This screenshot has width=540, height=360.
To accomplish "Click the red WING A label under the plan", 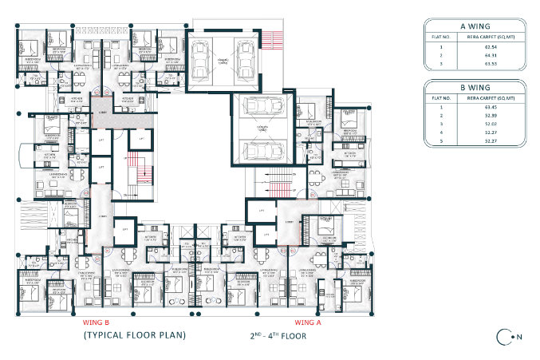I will click(308, 322).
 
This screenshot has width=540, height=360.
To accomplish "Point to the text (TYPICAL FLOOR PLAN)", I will click(135, 335).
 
